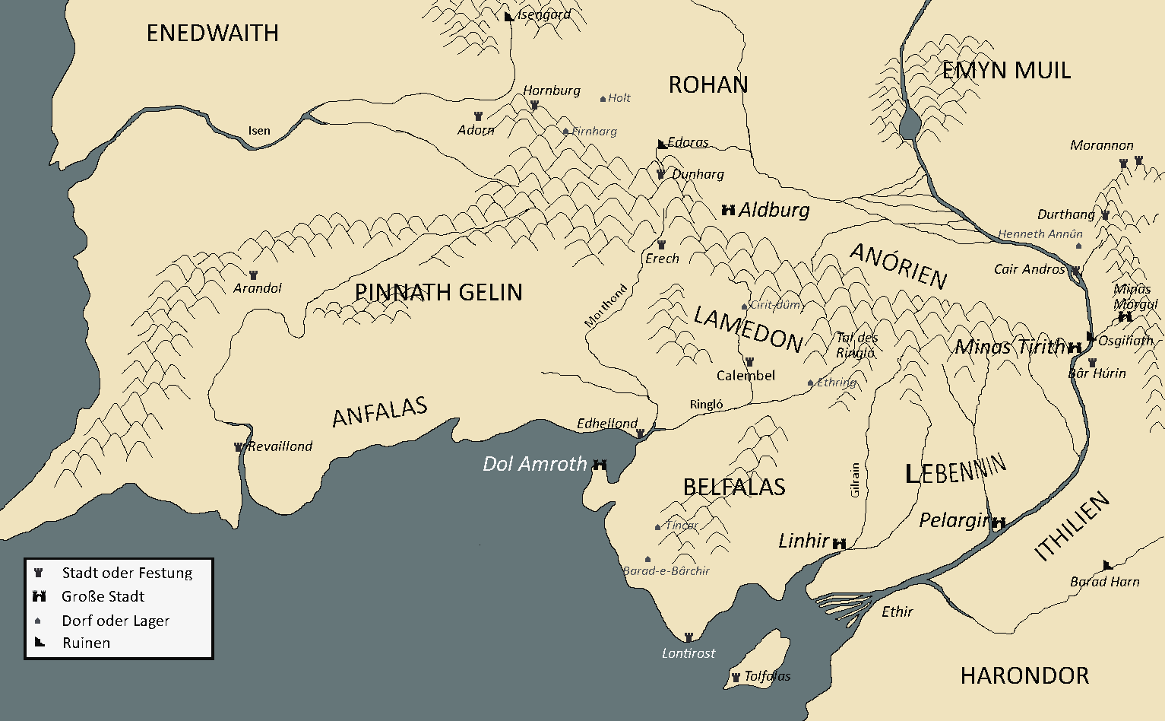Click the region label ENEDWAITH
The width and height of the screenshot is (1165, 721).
tap(212, 33)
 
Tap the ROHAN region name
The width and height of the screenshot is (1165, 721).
tap(708, 84)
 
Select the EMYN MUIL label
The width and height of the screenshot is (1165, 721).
tap(1006, 71)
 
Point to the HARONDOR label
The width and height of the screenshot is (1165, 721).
tap(1024, 675)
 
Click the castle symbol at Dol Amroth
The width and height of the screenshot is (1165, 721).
tap(600, 464)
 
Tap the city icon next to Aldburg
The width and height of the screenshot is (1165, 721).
tap(728, 210)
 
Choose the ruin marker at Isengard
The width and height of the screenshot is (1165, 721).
tap(509, 16)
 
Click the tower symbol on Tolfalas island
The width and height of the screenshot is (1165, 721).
tap(735, 676)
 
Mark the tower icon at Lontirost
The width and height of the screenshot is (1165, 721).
tap(689, 637)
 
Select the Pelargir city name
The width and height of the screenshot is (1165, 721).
tap(954, 520)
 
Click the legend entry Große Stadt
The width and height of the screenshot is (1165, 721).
tap(103, 596)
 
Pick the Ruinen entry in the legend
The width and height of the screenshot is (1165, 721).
tap(86, 643)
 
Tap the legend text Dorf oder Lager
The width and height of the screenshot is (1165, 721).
tap(116, 621)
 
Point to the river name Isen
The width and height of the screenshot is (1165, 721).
tap(259, 131)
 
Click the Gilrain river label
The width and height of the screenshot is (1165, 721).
tap(855, 480)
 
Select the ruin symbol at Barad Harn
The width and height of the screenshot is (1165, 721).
tap(1108, 565)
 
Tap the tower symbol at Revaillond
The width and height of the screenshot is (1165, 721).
tap(239, 447)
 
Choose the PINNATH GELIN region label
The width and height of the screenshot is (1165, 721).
tap(438, 292)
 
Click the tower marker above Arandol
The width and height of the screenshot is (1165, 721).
tap(253, 275)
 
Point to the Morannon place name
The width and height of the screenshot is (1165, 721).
tap(1101, 145)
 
